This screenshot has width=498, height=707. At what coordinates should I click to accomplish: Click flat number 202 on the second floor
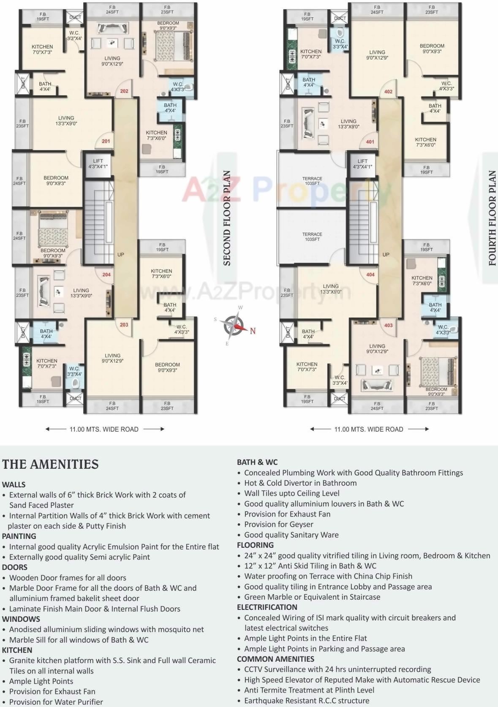124,91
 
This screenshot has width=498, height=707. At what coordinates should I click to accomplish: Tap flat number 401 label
370,142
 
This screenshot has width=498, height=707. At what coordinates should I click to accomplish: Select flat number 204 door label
106,275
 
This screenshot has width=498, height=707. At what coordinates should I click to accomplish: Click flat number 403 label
389,325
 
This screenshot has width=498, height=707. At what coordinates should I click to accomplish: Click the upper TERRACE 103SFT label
312,181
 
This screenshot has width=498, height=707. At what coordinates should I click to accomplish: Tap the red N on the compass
253,331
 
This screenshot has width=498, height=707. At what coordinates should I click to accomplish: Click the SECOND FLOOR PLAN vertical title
227,218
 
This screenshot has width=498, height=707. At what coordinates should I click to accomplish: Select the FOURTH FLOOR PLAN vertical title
492,218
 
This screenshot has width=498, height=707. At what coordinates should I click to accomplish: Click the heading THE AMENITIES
50,464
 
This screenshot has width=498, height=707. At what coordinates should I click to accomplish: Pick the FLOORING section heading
255,545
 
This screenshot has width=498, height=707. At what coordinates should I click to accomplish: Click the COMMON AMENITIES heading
275,659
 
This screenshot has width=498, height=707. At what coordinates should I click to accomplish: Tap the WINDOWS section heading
21,619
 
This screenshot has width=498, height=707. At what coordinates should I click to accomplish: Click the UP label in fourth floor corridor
386,255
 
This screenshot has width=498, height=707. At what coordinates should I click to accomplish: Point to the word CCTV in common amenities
253,669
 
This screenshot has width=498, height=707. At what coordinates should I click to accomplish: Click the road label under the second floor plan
104,429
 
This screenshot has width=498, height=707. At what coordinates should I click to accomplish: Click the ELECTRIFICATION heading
267,607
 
